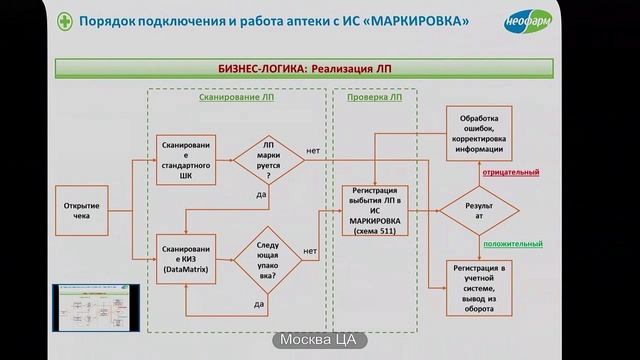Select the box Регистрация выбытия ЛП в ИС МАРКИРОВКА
[376, 212]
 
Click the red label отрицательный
[511, 173]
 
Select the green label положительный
[512, 244]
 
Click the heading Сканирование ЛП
[236, 98]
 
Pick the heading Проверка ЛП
[374, 98]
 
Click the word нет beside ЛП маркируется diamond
[313, 151]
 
